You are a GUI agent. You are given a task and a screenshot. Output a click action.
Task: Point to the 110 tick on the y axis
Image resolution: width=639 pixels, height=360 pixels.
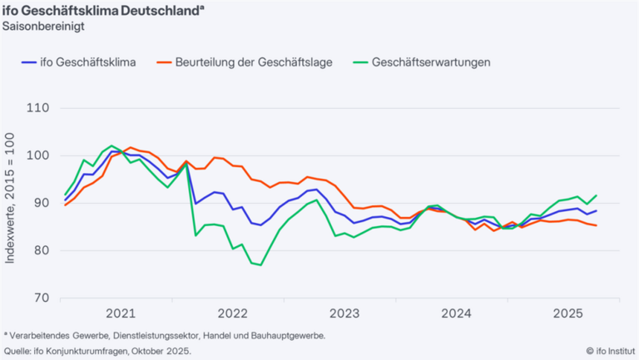coord(39,108)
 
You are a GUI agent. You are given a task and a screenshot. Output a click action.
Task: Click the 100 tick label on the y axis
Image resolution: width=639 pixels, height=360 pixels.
coord(39,155)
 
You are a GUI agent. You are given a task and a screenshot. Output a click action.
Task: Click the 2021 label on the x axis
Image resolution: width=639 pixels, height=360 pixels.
coord(120,314)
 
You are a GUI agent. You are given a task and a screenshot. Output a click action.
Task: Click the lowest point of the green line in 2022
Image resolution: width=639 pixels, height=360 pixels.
coord(261,265)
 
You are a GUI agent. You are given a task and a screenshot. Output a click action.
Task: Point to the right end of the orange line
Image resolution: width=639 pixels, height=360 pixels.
coord(596,225)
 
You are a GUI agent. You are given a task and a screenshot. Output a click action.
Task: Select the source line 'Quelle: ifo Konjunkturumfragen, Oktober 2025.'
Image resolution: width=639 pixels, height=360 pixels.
coord(97,351)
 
